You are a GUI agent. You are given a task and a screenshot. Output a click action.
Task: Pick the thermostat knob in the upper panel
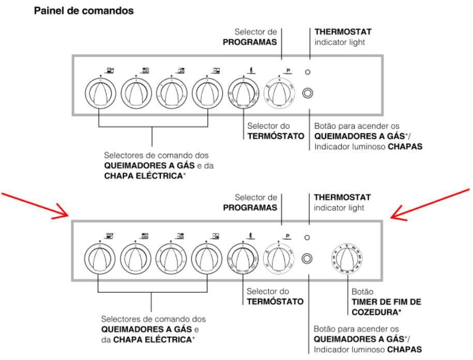click(242, 93)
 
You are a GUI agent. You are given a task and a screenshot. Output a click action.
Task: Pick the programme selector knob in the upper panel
click(279, 93)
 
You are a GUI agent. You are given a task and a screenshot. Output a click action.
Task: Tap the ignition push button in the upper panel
click(308, 93)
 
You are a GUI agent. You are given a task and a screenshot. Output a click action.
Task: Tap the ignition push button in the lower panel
click(308, 257)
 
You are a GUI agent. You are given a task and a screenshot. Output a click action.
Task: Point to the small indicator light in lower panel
click(308, 237)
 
